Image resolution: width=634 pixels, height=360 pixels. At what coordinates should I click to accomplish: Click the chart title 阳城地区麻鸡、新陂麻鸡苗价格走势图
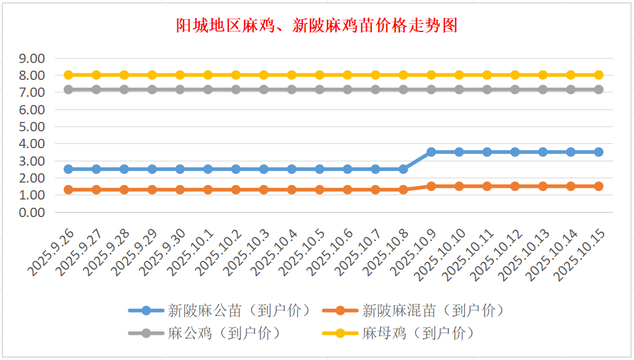pyautogui.click(x=317, y=26)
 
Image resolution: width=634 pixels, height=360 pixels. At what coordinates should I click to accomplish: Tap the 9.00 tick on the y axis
pyautogui.click(x=32, y=58)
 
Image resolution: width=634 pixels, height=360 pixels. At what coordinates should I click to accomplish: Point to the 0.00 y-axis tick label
pyautogui.click(x=32, y=212)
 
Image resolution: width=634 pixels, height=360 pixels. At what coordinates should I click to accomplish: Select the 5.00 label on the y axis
pyautogui.click(x=32, y=127)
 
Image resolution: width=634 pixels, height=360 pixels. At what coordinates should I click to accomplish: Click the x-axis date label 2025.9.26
pyautogui.click(x=51, y=252)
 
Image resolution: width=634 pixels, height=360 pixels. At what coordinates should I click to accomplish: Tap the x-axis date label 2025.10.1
pyautogui.click(x=191, y=253)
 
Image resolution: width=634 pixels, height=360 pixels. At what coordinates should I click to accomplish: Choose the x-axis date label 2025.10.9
pyautogui.click(x=414, y=253)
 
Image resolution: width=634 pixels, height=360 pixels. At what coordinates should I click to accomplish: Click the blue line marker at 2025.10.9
pyautogui.click(x=431, y=152)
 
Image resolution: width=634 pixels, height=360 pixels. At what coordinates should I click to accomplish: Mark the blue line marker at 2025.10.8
pyautogui.click(x=403, y=169)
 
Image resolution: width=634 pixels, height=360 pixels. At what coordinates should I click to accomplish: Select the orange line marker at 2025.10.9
pyautogui.click(x=431, y=186)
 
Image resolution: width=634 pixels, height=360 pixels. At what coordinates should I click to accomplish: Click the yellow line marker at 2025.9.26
pyautogui.click(x=68, y=75)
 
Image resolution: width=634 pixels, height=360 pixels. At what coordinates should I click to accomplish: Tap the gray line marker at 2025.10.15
pyautogui.click(x=599, y=90)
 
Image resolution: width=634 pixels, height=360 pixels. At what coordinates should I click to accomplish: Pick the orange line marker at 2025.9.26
pyautogui.click(x=68, y=190)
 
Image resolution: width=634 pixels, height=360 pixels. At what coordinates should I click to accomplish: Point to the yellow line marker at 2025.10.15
pyautogui.click(x=599, y=75)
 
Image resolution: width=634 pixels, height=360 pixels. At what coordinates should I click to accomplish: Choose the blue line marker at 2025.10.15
pyautogui.click(x=599, y=152)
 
